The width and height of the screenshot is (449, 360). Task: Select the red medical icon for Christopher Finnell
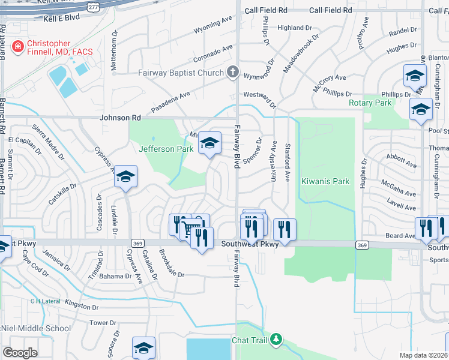coord(17,46)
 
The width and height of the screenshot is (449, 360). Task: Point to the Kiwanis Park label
coord(325,181)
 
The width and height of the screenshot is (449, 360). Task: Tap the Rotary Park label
coord(370,103)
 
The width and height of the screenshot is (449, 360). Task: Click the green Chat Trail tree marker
coord(276,340)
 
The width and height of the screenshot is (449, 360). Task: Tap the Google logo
coord(20,353)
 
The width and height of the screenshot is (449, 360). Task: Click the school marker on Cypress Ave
coord(126,176)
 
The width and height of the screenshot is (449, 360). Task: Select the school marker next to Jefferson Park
coord(210,143)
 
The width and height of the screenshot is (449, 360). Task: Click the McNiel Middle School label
coord(35,328)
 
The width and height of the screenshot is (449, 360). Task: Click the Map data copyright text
coord(424,355)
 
